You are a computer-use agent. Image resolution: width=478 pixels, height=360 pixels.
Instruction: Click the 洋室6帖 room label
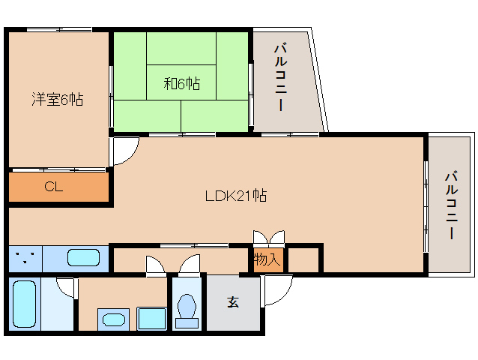[56, 99]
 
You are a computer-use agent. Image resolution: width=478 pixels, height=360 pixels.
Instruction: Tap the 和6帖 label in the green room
[181, 83]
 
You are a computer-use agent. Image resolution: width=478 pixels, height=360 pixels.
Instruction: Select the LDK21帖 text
[237, 196]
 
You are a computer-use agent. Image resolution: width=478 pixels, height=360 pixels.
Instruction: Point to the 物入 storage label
[267, 260]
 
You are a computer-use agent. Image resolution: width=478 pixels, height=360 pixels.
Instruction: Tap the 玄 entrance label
[233, 302]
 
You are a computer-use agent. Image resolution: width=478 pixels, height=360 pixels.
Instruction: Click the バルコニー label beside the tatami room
[280, 78]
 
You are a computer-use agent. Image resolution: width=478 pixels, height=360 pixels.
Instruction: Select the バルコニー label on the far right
[451, 205]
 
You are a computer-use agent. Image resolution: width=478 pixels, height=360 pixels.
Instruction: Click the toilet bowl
[187, 308]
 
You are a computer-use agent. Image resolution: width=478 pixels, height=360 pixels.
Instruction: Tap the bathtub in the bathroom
[25, 304]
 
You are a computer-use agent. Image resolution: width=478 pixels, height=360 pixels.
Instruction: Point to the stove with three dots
[25, 259]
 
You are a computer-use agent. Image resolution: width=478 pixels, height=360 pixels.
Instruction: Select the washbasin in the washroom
[114, 319]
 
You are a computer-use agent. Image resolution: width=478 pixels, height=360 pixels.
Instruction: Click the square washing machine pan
[152, 319]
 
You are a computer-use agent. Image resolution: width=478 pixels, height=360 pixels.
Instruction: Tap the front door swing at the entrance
[275, 290]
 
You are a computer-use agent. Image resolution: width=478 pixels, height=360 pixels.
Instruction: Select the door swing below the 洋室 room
[124, 151]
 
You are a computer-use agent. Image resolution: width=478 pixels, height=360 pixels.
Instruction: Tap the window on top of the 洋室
[59, 30]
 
